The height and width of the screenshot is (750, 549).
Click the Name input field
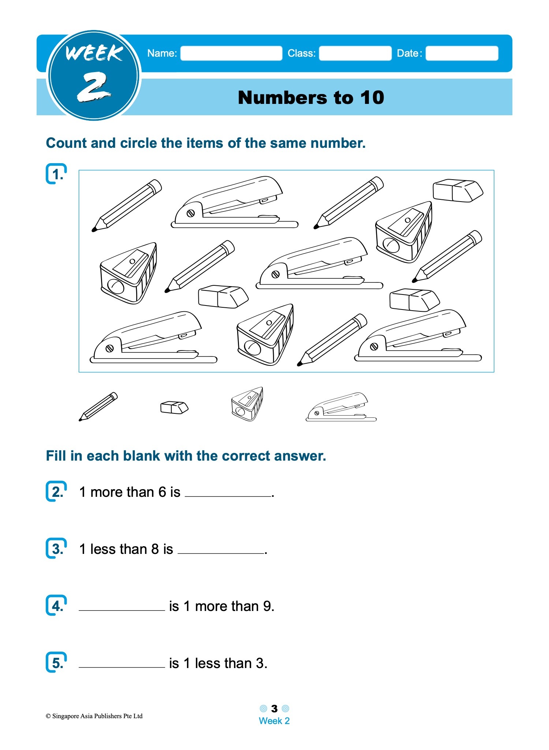[231, 53]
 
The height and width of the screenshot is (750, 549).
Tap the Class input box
[355, 53]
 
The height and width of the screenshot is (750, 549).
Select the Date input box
[462, 53]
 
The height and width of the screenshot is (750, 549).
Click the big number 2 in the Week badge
[93, 87]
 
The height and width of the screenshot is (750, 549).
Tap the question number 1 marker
[57, 174]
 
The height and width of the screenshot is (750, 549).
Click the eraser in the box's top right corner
[457, 191]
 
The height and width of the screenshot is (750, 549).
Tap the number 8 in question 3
[155, 549]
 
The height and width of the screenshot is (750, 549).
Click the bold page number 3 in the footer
[274, 709]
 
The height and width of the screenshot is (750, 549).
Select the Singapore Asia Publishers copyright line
[94, 716]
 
